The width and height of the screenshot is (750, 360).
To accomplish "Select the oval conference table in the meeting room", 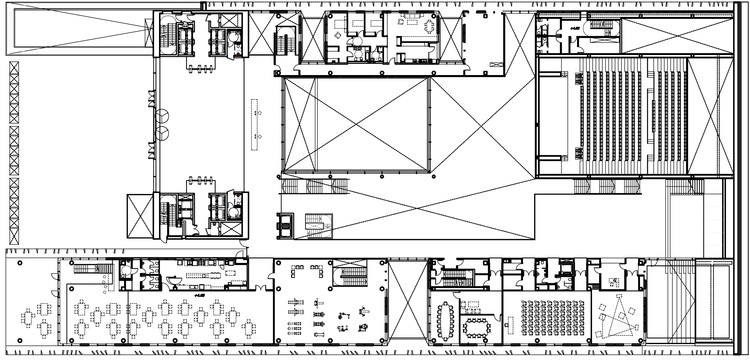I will coord(445,319).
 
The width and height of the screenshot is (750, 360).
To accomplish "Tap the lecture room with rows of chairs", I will coord(545,317).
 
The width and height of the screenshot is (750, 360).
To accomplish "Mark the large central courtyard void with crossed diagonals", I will coord(357,125).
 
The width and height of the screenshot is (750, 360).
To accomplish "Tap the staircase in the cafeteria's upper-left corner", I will coord(92,269).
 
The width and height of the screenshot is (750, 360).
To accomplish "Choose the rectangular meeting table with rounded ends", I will coord(477,325).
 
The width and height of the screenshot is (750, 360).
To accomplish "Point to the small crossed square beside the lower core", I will coord(139,215).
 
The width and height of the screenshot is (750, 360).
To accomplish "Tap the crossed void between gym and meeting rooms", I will coord(407,300).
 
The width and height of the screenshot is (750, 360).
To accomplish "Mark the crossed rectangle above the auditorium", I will coord(677,35).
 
